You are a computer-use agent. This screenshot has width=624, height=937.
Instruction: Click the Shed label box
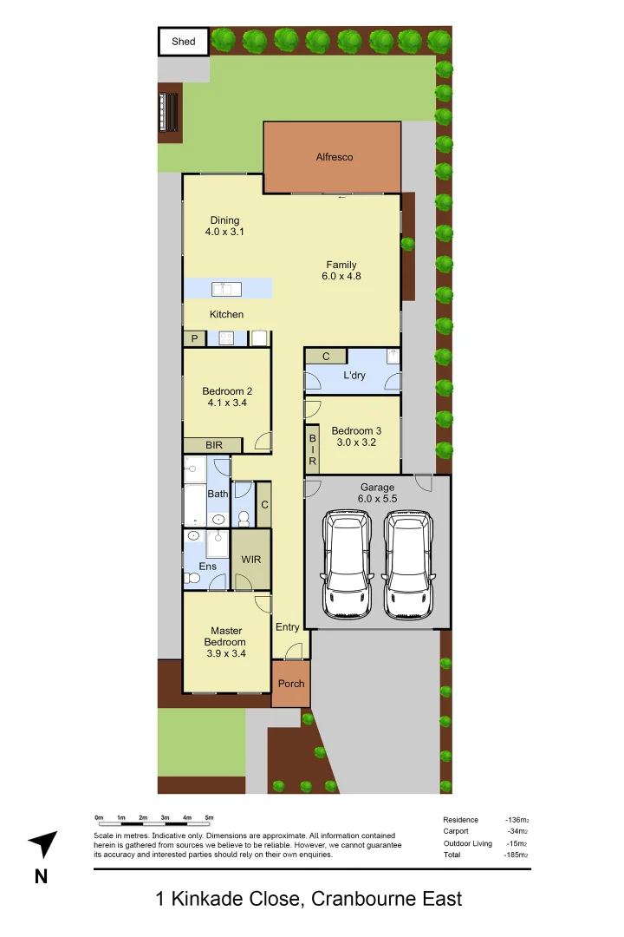tap(184, 42)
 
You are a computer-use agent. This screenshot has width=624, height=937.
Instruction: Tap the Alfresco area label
tap(334, 157)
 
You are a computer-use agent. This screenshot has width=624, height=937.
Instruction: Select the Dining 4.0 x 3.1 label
tap(224, 226)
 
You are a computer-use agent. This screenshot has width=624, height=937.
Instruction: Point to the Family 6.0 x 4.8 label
tap(341, 271)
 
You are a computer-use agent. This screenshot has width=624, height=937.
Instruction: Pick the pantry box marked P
tap(194, 338)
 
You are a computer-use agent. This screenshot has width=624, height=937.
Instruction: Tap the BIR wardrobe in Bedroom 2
tap(213, 445)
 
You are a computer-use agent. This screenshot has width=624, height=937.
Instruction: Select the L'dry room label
tap(354, 376)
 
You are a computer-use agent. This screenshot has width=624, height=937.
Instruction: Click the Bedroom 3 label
tap(356, 431)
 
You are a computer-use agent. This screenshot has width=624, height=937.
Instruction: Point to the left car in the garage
tap(348, 564)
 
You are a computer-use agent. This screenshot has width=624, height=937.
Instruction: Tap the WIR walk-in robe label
tap(251, 560)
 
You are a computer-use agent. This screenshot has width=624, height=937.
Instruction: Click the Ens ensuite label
tap(207, 567)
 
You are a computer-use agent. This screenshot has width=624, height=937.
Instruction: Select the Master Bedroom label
tap(226, 642)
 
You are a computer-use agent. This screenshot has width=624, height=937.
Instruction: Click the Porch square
tap(291, 684)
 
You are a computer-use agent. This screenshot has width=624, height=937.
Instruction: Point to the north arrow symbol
tap(42, 844)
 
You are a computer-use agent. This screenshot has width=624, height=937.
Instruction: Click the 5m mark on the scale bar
tap(209, 818)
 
